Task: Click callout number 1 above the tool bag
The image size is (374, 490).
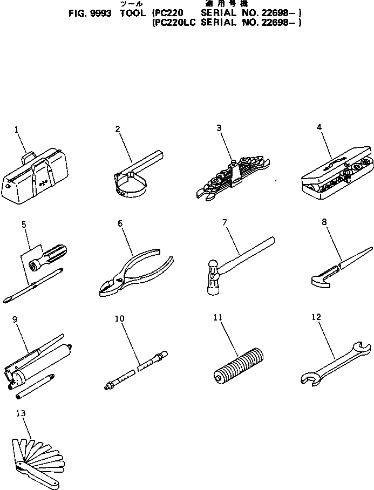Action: (x=16, y=130)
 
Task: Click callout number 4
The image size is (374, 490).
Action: (x=319, y=127)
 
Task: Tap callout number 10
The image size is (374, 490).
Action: (x=120, y=319)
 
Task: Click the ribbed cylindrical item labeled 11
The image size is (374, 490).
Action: (x=237, y=364)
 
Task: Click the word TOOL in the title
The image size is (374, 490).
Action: (x=131, y=13)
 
